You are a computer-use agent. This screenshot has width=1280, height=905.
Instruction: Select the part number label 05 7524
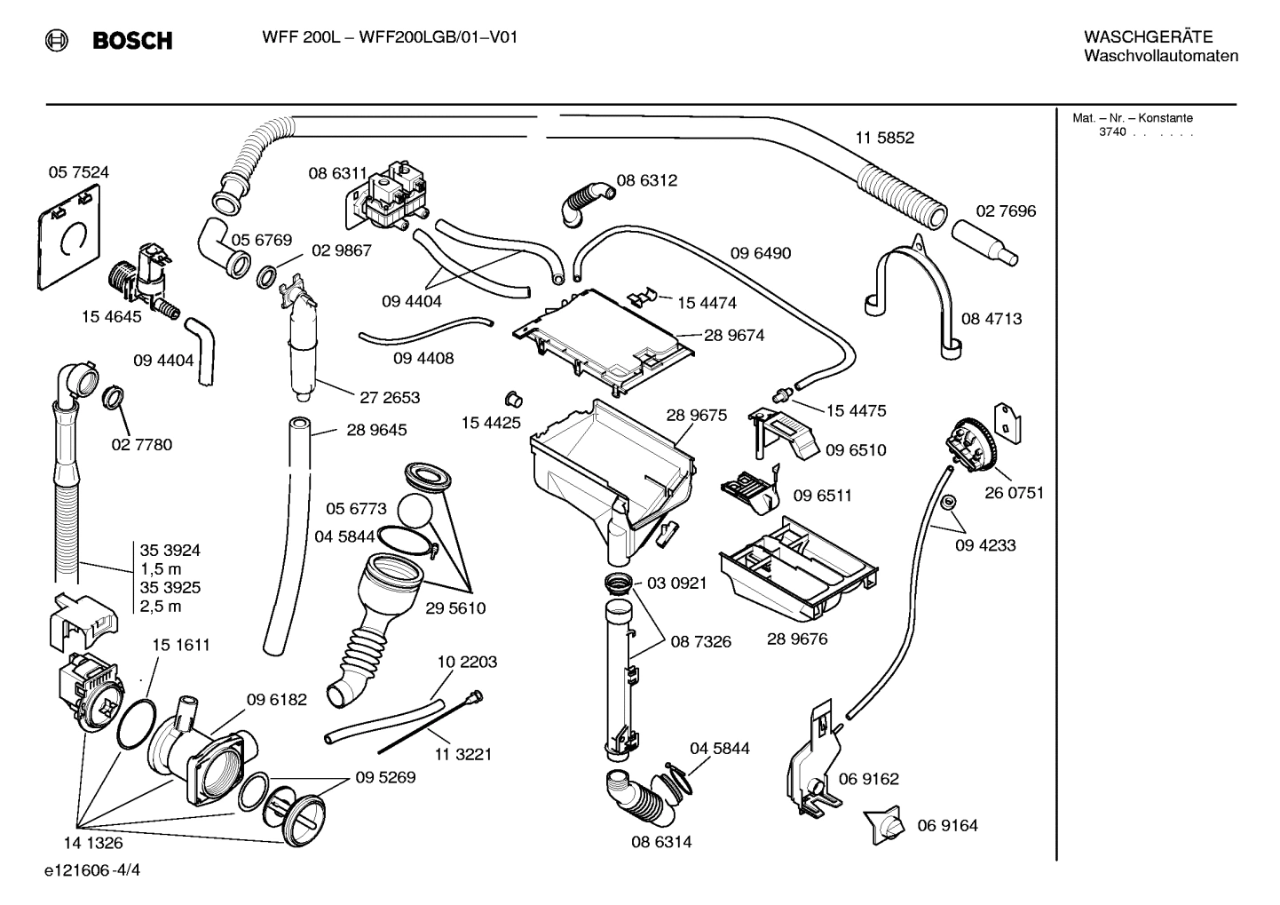[x=78, y=172]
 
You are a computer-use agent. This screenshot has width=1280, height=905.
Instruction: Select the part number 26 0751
[x=1014, y=493]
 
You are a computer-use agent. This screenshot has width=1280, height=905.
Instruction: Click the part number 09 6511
[x=821, y=496]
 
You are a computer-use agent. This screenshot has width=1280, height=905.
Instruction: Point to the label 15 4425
[x=490, y=423]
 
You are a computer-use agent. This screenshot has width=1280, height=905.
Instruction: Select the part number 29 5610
[x=455, y=608]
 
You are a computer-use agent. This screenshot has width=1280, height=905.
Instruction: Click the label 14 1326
[x=92, y=843]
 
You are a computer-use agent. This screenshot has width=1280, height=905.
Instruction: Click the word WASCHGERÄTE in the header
[x=1148, y=36]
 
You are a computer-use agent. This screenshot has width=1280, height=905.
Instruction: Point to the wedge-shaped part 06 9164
[x=884, y=826]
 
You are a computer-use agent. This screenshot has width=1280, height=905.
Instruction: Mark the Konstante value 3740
[x=1111, y=132]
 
